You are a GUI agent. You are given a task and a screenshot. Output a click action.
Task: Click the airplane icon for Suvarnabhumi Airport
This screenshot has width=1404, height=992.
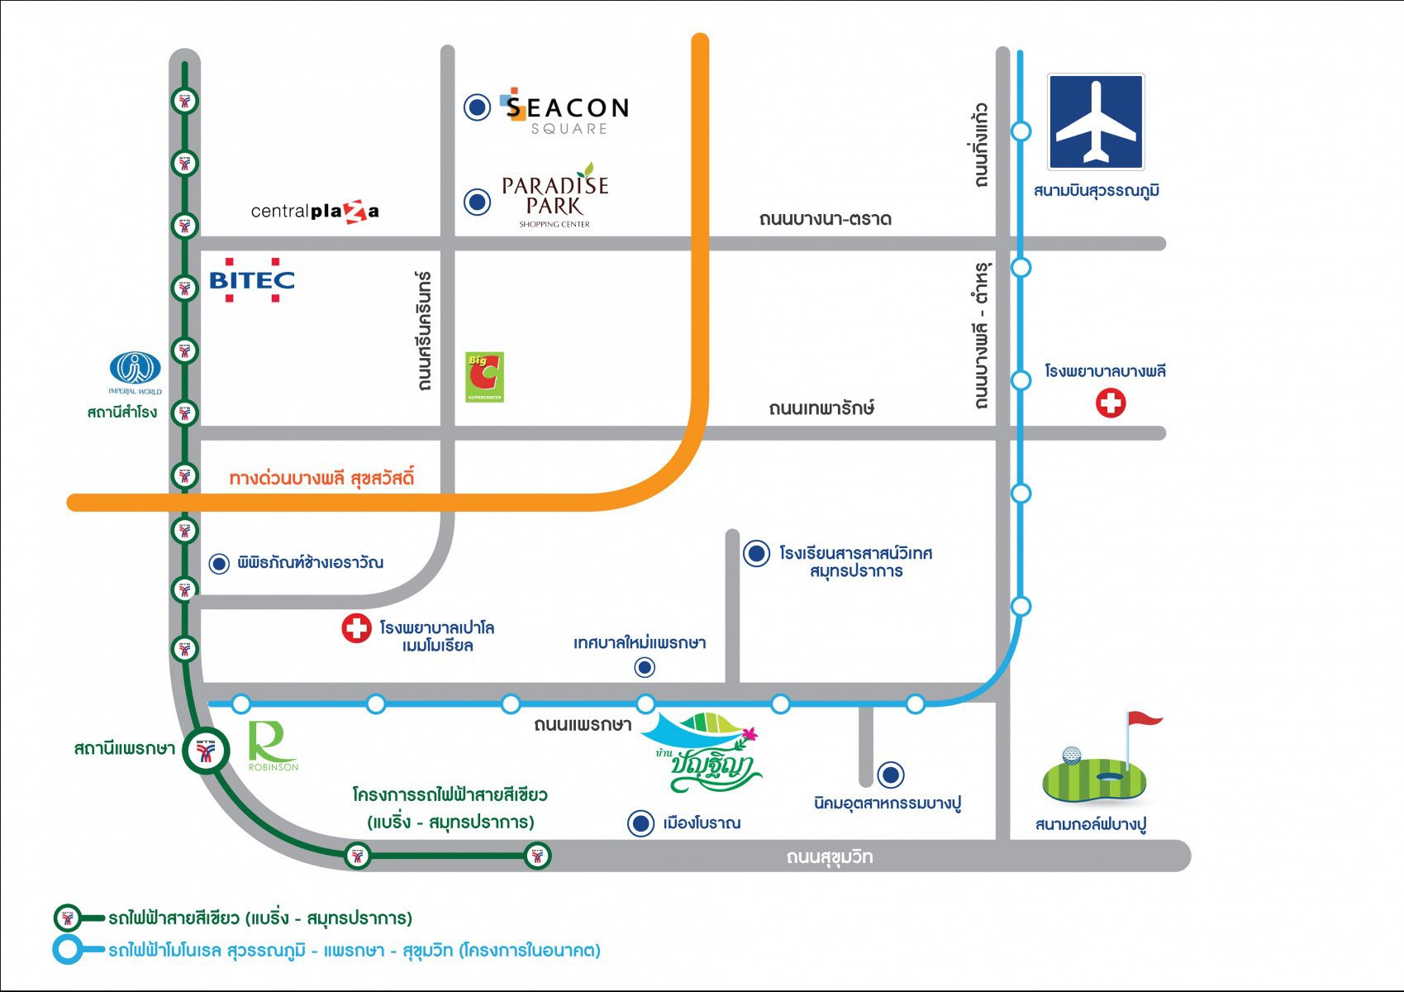pyautogui.click(x=1096, y=122)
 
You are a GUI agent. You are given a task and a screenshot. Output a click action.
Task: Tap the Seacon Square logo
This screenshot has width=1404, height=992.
pyautogui.click(x=564, y=112)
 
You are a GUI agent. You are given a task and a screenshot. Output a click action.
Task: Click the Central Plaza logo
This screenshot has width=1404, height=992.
pyautogui.click(x=315, y=212)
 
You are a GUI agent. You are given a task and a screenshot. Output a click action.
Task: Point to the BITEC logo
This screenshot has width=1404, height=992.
pyautogui.click(x=252, y=279)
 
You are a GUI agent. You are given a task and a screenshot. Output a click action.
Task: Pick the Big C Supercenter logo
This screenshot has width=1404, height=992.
pyautogui.click(x=484, y=377)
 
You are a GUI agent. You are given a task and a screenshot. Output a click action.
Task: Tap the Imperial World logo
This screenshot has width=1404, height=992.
pyautogui.click(x=136, y=373)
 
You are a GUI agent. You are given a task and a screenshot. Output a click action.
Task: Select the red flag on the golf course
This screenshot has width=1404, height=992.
pyautogui.click(x=1145, y=718)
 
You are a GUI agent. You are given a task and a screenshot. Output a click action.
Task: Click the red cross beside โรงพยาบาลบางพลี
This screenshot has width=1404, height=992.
pyautogui.click(x=1111, y=403)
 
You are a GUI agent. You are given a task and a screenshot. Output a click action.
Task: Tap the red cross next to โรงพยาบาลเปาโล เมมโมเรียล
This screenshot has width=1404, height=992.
pyautogui.click(x=356, y=628)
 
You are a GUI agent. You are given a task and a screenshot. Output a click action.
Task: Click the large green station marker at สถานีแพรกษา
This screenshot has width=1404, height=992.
pyautogui.click(x=207, y=750)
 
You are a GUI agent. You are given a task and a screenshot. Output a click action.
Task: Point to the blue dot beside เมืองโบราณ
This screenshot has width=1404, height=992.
pyautogui.click(x=640, y=823)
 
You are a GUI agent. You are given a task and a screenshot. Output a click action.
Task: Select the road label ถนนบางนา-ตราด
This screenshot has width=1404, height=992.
pyautogui.click(x=825, y=219)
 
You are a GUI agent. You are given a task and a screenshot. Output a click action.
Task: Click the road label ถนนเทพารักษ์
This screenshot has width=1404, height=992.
pyautogui.click(x=821, y=408)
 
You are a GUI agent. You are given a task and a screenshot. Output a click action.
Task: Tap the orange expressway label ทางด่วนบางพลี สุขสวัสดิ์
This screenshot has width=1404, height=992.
pyautogui.click(x=321, y=479)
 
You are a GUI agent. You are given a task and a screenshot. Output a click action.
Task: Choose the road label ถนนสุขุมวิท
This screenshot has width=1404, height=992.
pyautogui.click(x=829, y=856)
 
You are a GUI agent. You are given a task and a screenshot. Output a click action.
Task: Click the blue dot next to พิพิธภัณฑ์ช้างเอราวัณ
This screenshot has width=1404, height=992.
pyautogui.click(x=219, y=564)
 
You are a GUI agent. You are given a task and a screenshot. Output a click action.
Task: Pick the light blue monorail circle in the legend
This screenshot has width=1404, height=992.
pyautogui.click(x=67, y=949)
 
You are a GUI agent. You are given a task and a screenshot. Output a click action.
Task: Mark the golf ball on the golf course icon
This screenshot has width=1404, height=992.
pyautogui.click(x=1071, y=755)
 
